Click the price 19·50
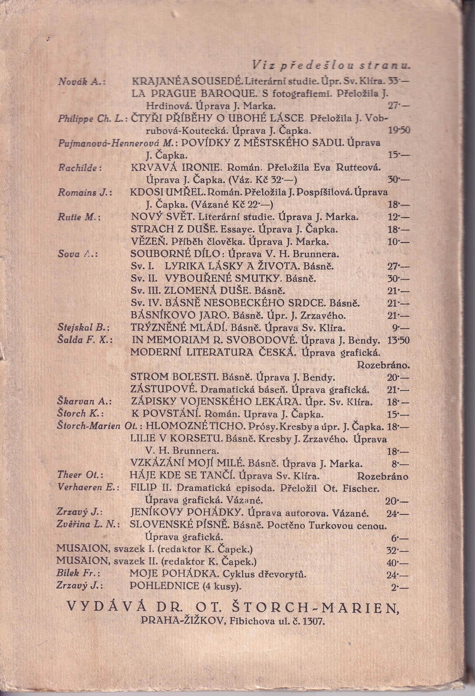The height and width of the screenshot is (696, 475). [x=399, y=130]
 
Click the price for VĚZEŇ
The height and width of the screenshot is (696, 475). [x=398, y=242]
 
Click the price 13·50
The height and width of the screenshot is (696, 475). [x=399, y=341]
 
